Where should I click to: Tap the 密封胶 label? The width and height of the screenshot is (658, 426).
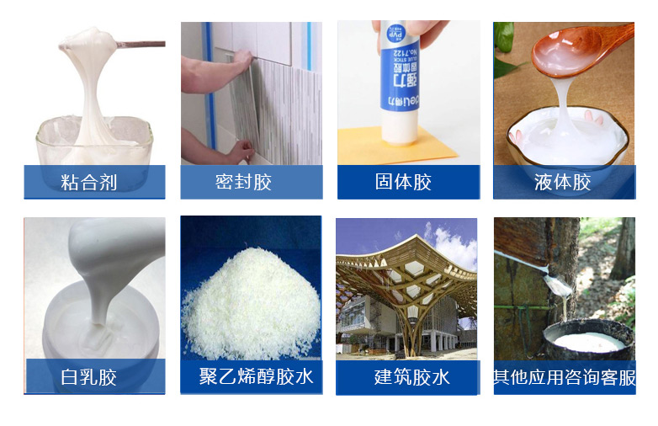[x=244, y=182]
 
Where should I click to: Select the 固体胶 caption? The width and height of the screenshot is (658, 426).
[x=403, y=182]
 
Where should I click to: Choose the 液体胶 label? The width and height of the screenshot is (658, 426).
[x=562, y=182]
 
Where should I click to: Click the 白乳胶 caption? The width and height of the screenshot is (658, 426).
[x=89, y=376]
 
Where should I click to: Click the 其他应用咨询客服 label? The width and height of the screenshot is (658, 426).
[x=565, y=376]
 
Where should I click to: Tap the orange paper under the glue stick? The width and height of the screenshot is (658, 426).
[x=362, y=148]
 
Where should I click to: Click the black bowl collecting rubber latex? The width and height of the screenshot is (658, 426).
[x=588, y=340]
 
